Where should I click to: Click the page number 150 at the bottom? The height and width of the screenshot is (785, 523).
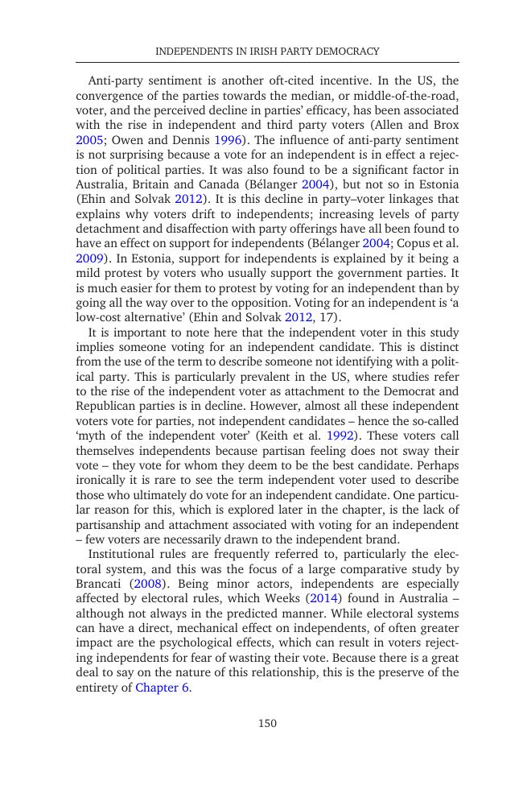(267, 723)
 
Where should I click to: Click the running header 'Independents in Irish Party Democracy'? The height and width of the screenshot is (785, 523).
(267, 52)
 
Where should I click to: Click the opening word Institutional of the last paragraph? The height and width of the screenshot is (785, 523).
(121, 554)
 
